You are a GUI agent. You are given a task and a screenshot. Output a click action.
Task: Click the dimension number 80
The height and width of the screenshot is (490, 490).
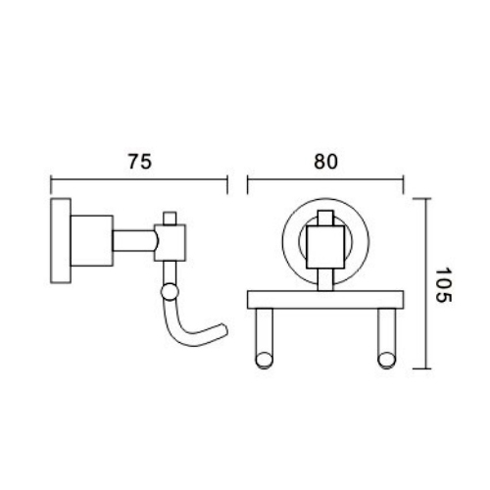[326, 164]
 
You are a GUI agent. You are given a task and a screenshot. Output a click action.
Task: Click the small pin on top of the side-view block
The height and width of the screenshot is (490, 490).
[170, 217]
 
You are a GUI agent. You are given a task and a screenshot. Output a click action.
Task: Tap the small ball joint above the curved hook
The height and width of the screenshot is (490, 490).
[170, 290]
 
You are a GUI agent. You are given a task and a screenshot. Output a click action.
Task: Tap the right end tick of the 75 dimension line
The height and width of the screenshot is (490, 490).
[228, 181]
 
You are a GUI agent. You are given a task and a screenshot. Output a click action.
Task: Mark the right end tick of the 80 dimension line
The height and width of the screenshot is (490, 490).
[404, 181]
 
